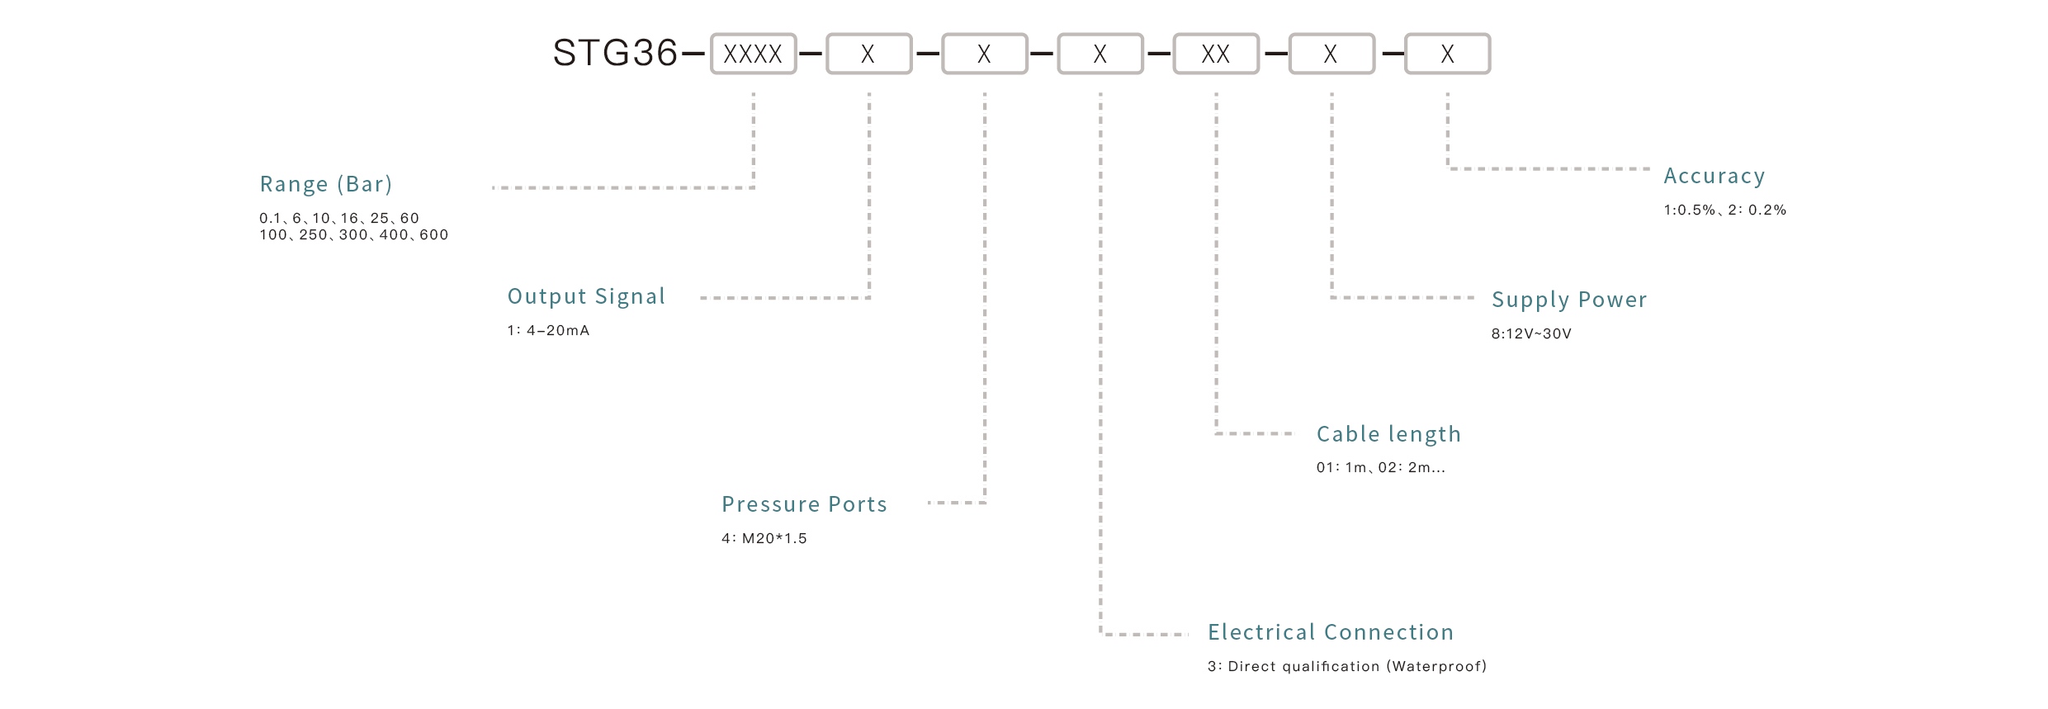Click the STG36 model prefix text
[x=614, y=54]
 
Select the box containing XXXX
[x=753, y=54]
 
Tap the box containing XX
[x=1216, y=54]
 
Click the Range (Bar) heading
[x=326, y=184]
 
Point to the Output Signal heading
[x=586, y=296]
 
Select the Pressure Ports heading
[x=804, y=504]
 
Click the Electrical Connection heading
[x=1330, y=632]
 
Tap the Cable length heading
[x=1388, y=434]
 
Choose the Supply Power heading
[x=1568, y=300]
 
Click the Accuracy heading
[x=1714, y=176]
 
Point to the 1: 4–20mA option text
[x=548, y=331]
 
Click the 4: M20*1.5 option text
[x=764, y=539]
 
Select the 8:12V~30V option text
[x=1531, y=334]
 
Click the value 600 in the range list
[x=433, y=235]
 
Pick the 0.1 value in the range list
[x=270, y=219]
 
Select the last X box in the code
[x=1447, y=54]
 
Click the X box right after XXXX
[x=868, y=54]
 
